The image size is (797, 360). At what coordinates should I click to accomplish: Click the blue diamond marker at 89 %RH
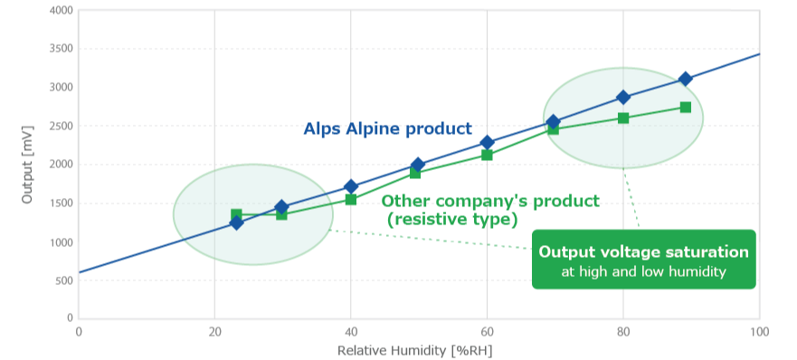(x=685, y=79)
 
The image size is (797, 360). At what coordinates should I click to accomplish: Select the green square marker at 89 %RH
(x=685, y=108)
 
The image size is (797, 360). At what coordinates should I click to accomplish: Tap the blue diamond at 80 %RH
(x=622, y=97)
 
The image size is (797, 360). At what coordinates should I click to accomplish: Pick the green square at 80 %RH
(x=623, y=118)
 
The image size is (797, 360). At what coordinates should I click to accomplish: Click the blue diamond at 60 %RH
(x=487, y=142)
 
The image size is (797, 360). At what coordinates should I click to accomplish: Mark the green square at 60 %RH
(x=487, y=155)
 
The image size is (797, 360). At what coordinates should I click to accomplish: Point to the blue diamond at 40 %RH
(x=351, y=186)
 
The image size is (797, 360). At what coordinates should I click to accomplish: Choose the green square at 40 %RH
(x=351, y=199)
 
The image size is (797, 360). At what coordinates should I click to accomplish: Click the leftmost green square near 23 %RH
(x=236, y=214)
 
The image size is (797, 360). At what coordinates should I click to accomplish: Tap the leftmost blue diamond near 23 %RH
(x=236, y=223)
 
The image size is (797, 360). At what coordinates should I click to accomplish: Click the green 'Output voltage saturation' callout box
(x=643, y=260)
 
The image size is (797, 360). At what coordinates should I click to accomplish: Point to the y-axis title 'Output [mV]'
(x=28, y=163)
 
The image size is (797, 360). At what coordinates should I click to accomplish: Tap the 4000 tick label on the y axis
(x=60, y=11)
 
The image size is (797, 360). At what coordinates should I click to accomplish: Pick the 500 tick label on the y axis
(x=63, y=280)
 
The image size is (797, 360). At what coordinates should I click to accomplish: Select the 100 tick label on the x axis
(x=758, y=330)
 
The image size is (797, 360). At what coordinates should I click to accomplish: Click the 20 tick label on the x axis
(x=214, y=330)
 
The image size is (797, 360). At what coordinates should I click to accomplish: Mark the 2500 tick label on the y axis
(x=60, y=127)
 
